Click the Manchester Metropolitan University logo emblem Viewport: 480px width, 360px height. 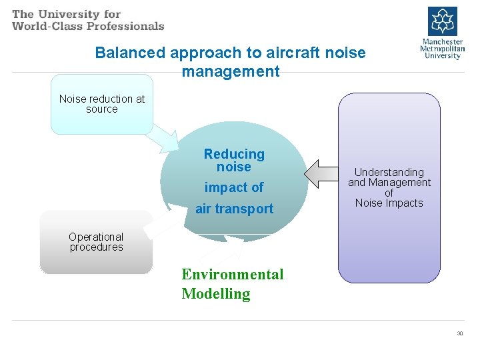pyautogui.click(x=443, y=21)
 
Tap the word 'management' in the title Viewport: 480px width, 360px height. pyautogui.click(x=231, y=71)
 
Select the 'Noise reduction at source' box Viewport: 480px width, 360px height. pyautogui.click(x=102, y=104)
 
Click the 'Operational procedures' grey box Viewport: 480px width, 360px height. pyautogui.click(x=96, y=242)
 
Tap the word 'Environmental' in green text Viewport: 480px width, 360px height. pyautogui.click(x=233, y=275)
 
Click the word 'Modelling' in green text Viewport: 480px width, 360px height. pyautogui.click(x=216, y=294)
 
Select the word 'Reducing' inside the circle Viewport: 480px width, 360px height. pyautogui.click(x=234, y=154)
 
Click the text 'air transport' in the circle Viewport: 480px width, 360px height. pyautogui.click(x=234, y=209)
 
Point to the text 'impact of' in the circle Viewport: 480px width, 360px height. pyautogui.click(x=234, y=187)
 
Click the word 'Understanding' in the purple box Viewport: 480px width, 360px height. pyautogui.click(x=389, y=172)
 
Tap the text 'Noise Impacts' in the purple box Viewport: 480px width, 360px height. pyautogui.click(x=389, y=203)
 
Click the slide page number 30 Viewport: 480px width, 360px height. pyautogui.click(x=459, y=333)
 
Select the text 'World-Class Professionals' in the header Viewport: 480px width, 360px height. pyautogui.click(x=88, y=26)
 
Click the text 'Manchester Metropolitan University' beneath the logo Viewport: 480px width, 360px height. pyautogui.click(x=443, y=48)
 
